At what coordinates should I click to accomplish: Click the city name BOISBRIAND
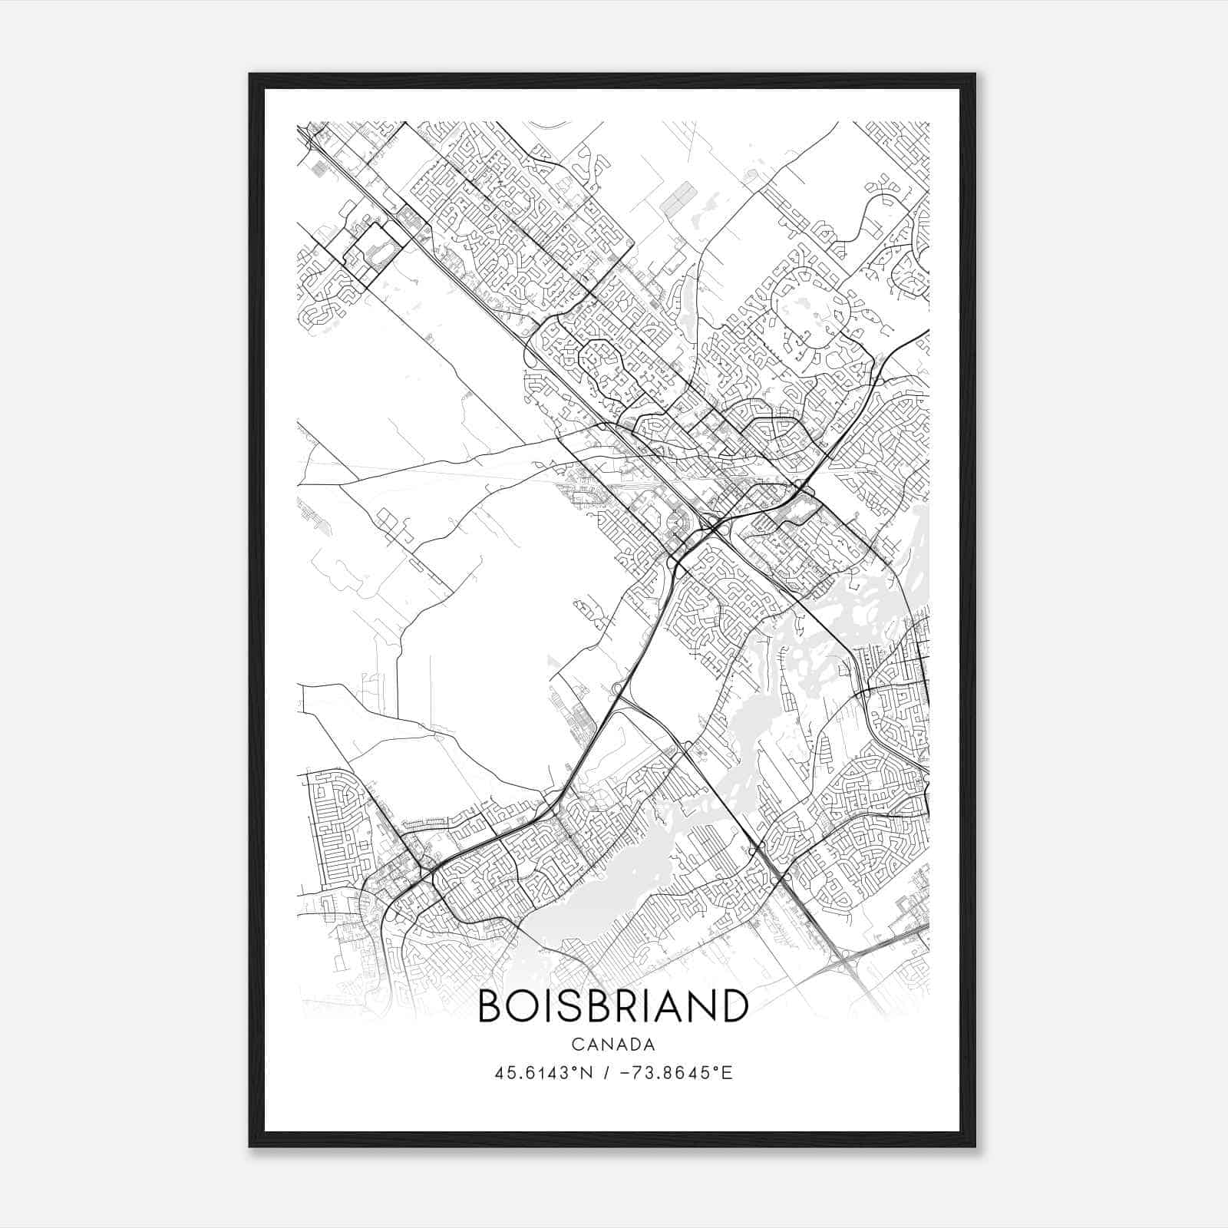[x=613, y=1006]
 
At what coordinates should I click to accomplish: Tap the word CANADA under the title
[x=613, y=1045]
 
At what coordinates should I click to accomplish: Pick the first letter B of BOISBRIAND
[x=488, y=1006]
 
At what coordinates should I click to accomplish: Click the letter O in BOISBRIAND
[x=520, y=1006]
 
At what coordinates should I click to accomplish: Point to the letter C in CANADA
[x=576, y=1045]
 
